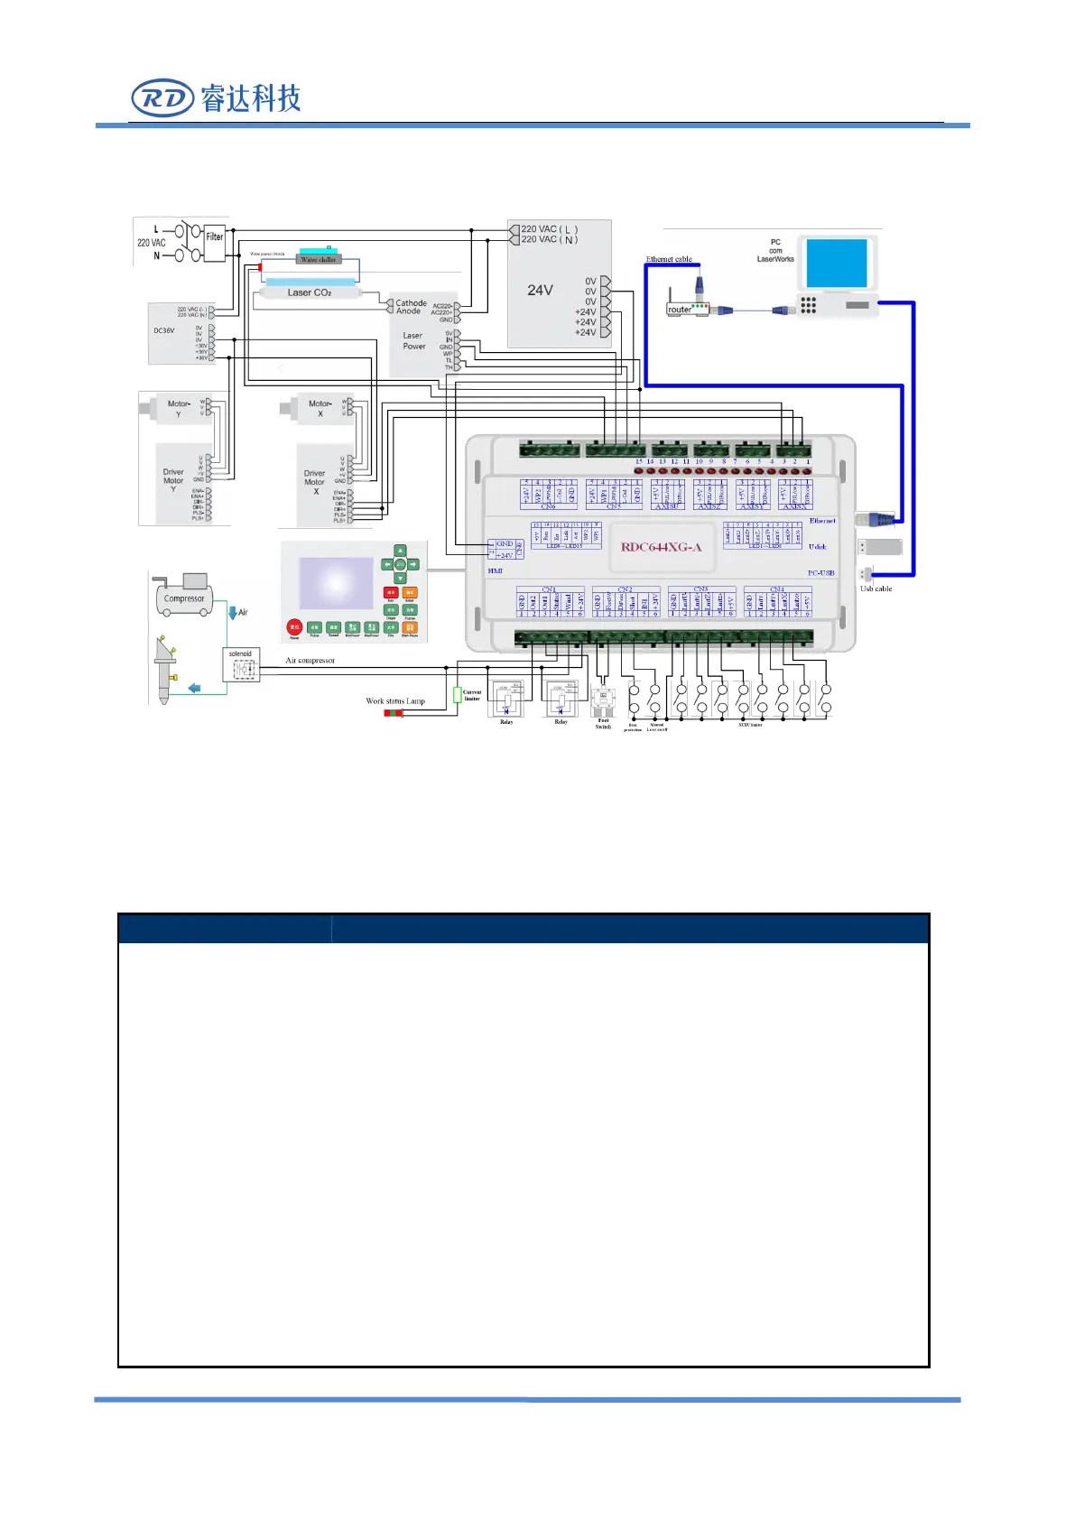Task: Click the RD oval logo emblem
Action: tap(162, 98)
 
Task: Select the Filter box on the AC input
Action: tap(215, 242)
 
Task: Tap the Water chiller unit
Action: tap(318, 256)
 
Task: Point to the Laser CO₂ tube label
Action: tap(309, 292)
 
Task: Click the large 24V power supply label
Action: tap(540, 290)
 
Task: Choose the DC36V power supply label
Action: tap(164, 330)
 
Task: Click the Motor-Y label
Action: tap(179, 407)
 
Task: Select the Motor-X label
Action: tap(320, 407)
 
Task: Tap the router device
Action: tap(687, 306)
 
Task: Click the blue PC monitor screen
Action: tap(837, 262)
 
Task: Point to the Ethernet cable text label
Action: tap(669, 259)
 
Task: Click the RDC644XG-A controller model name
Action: tap(661, 547)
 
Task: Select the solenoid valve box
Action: tap(241, 665)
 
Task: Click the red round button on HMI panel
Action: tap(294, 626)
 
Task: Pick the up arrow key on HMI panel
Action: tap(400, 551)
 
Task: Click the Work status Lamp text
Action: tap(395, 700)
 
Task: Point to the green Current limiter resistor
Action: tap(457, 694)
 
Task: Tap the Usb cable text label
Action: tap(876, 589)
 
